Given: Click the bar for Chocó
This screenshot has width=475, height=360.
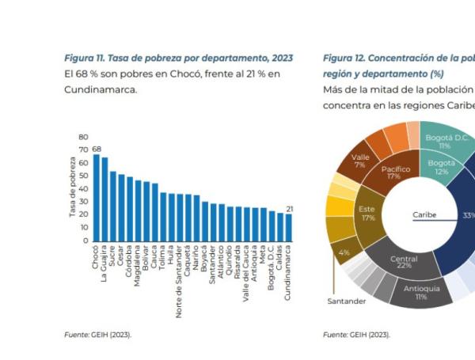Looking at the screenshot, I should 97,197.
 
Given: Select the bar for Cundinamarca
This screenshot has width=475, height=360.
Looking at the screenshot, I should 289,227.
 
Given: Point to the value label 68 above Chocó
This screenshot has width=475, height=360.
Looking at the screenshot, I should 97,149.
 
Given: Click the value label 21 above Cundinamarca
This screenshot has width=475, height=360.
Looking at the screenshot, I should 290,209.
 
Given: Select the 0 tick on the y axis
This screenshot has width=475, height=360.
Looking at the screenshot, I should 86,241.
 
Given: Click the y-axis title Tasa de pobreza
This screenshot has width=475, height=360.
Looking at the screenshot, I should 72,188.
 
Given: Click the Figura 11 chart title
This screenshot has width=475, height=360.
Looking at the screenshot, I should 178,59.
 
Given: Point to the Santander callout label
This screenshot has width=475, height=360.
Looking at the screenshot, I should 347,301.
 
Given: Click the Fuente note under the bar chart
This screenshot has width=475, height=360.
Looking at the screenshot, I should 98,335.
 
